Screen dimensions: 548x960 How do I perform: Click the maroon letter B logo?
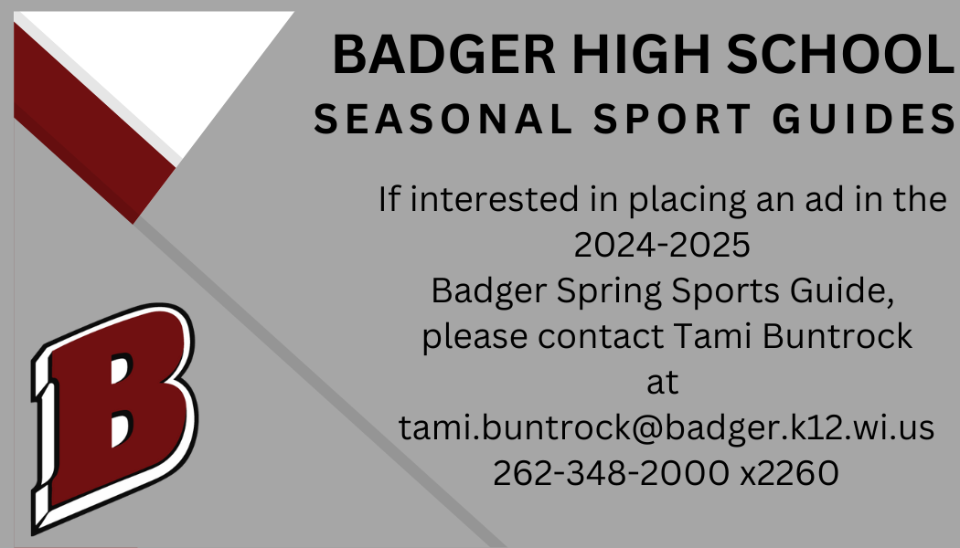tap(114, 416)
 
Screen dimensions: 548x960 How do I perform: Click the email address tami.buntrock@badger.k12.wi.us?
tap(667, 427)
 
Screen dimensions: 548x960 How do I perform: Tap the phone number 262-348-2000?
tap(617, 473)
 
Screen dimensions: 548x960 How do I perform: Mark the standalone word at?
tap(662, 382)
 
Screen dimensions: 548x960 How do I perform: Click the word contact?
tap(600, 336)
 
